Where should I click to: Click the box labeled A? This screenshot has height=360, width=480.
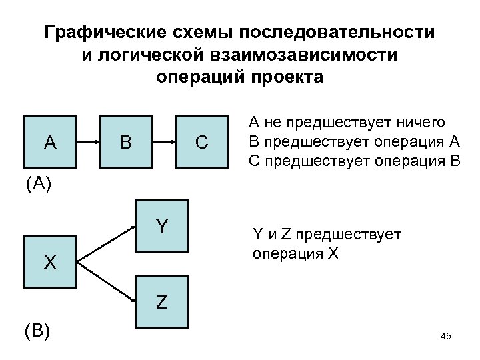point(50,142)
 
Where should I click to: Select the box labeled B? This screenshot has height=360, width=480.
point(125,142)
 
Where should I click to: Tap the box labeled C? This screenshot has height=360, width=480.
point(202,142)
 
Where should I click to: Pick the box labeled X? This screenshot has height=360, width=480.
point(50,261)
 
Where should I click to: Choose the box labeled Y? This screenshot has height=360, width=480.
point(162,227)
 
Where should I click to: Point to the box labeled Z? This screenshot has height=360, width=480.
point(162,302)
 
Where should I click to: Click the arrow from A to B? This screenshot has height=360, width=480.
point(87,142)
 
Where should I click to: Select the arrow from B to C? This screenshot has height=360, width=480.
point(163,142)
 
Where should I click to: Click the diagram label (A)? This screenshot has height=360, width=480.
point(38,184)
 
